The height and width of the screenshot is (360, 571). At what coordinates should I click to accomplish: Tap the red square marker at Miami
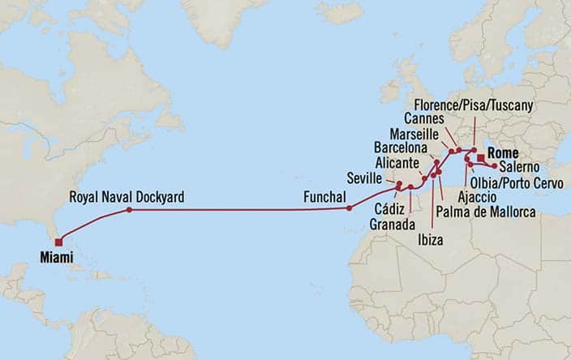pyautogui.click(x=58, y=241)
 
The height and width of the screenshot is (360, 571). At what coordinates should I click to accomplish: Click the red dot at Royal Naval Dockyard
pyautogui.click(x=128, y=211)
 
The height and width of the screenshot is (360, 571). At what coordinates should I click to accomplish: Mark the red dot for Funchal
pyautogui.click(x=349, y=208)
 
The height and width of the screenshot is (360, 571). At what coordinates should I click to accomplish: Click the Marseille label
pyautogui.click(x=414, y=133)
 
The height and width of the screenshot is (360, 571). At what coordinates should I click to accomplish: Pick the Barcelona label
pyautogui.click(x=401, y=148)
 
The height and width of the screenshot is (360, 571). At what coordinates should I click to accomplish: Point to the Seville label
pyautogui.click(x=363, y=178)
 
